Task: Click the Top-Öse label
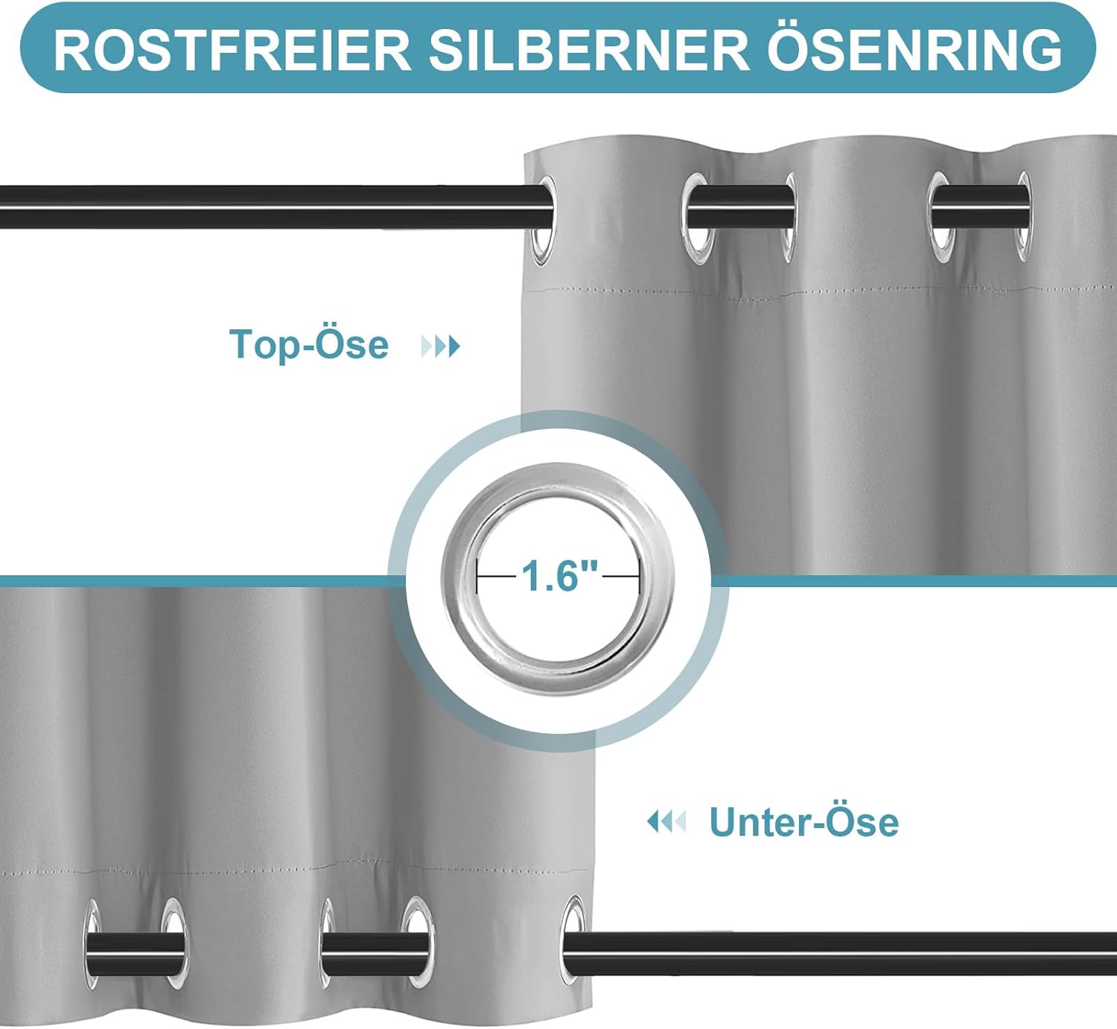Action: coord(308,344)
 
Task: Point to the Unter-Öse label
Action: coord(804,822)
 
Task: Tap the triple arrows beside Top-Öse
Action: coord(440,346)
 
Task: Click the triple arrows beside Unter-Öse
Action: coord(666,822)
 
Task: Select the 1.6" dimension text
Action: coord(559,575)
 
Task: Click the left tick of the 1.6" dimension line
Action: coord(477,577)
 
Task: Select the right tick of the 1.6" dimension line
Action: coord(639,577)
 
